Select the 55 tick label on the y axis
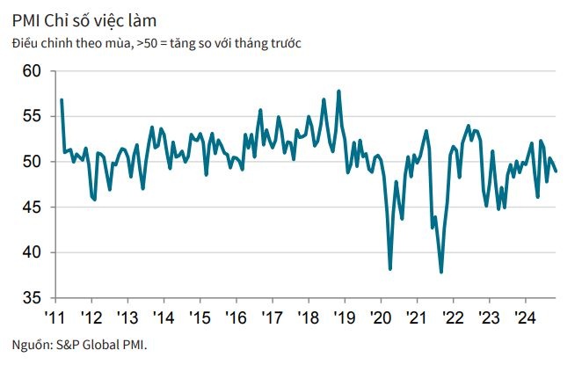pyautogui.click(x=31, y=116)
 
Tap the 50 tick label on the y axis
pyautogui.click(x=31, y=162)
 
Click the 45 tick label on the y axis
pyautogui.click(x=31, y=208)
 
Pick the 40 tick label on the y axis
pyautogui.click(x=31, y=253)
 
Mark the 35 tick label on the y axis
pyautogui.click(x=31, y=298)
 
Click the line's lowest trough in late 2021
pyautogui.click(x=440, y=272)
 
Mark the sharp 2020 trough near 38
pyautogui.click(x=389, y=269)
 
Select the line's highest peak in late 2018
pyautogui.click(x=338, y=91)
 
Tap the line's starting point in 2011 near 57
pyautogui.click(x=62, y=99)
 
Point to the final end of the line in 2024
pyautogui.click(x=556, y=171)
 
